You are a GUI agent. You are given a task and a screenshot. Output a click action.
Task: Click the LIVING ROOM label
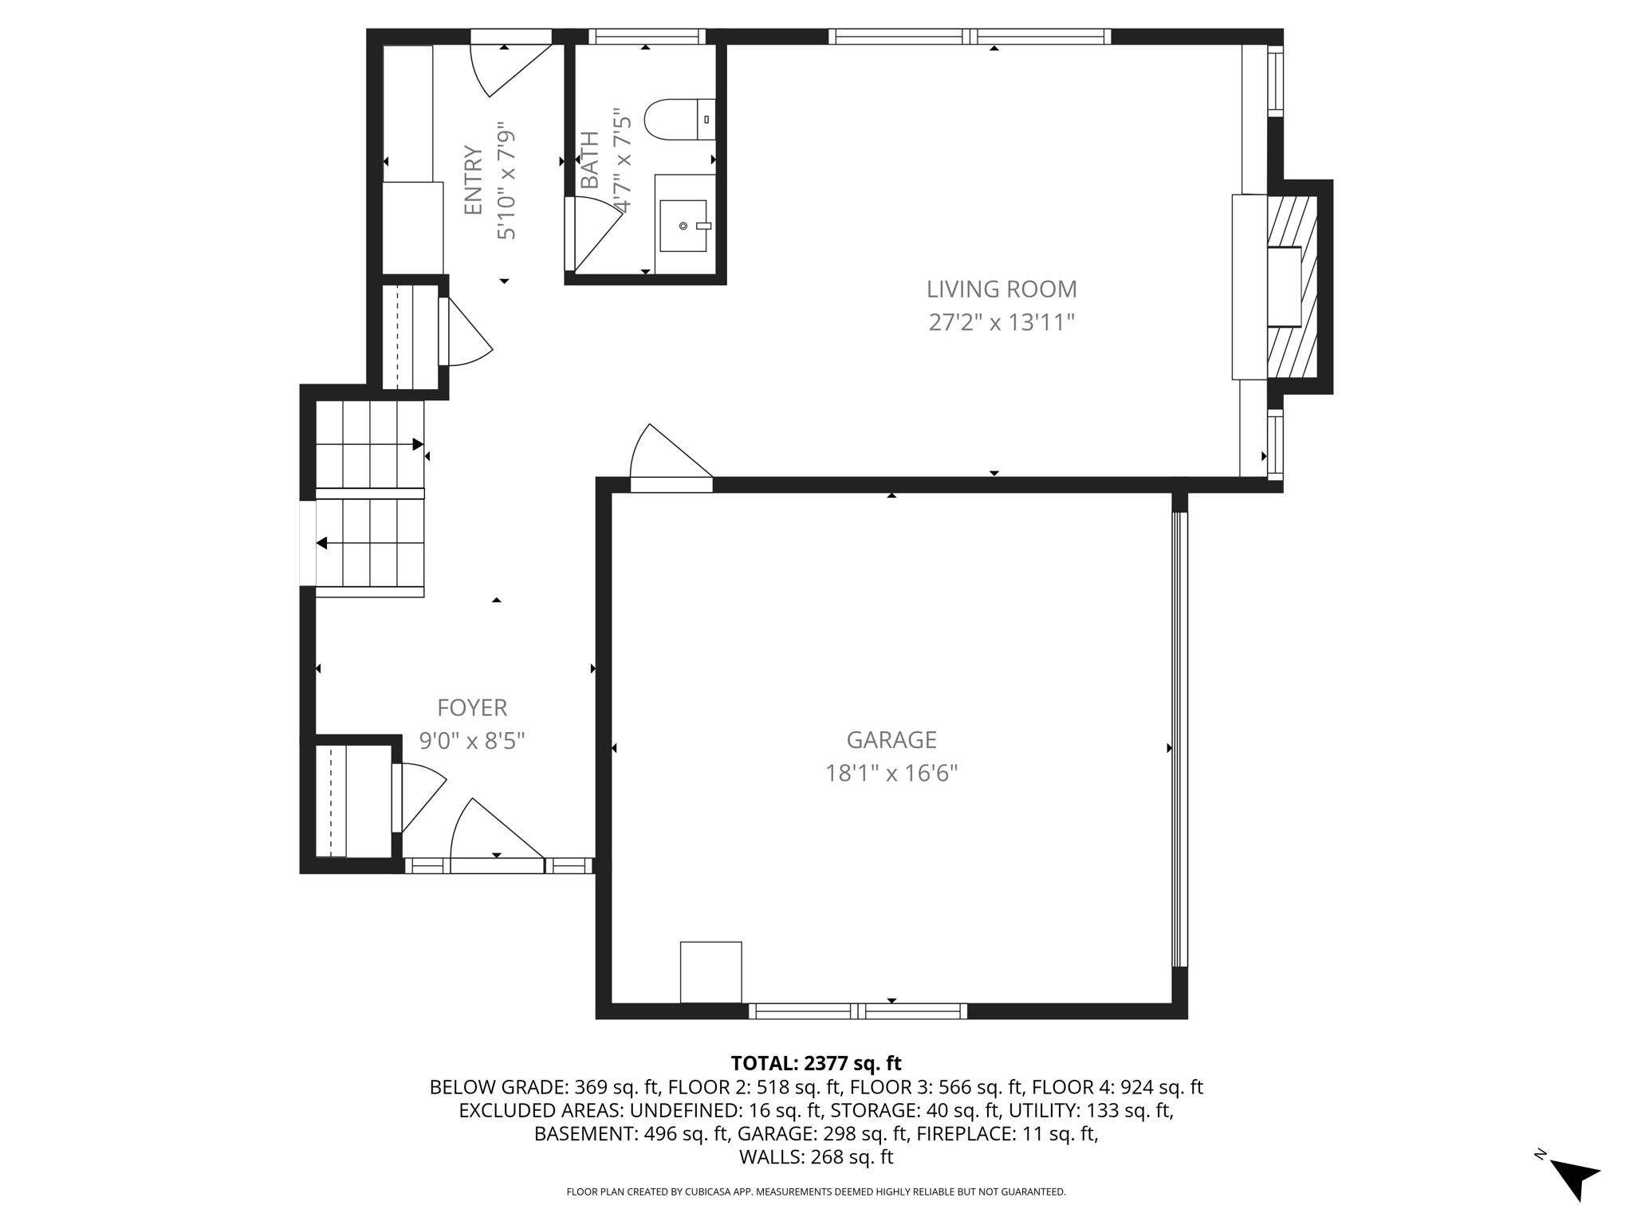pyautogui.click(x=1001, y=289)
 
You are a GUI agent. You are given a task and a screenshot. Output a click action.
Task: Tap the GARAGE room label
pyautogui.click(x=891, y=740)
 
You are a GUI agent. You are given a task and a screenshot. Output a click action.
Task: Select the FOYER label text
pyautogui.click(x=472, y=707)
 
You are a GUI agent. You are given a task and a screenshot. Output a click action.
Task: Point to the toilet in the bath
pyautogui.click(x=679, y=120)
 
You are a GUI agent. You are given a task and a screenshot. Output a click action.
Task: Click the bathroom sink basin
pyautogui.click(x=683, y=226)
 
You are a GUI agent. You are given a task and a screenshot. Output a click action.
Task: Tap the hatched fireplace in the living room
pyautogui.click(x=1292, y=287)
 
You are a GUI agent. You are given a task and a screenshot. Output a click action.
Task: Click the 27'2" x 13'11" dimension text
pyautogui.click(x=1001, y=323)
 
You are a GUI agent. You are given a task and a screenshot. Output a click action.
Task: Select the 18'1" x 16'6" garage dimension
pyautogui.click(x=891, y=774)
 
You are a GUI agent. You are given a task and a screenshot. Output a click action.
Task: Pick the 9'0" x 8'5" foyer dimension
pyautogui.click(x=472, y=742)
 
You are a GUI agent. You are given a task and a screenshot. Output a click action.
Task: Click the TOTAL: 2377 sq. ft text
pyautogui.click(x=816, y=1063)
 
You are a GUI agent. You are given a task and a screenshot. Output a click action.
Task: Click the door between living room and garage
pyautogui.click(x=671, y=458)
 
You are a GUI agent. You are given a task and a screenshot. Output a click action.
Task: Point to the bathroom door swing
pyautogui.click(x=593, y=234)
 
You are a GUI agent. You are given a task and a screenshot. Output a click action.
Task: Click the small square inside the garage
pyautogui.click(x=710, y=972)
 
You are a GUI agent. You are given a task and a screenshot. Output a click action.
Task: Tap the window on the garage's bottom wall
pyautogui.click(x=858, y=1011)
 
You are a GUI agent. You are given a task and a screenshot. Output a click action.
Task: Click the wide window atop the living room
pyautogui.click(x=970, y=36)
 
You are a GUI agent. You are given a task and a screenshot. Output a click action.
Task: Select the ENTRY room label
pyautogui.click(x=474, y=180)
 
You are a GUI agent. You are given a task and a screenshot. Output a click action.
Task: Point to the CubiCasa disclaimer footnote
pyautogui.click(x=816, y=1192)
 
